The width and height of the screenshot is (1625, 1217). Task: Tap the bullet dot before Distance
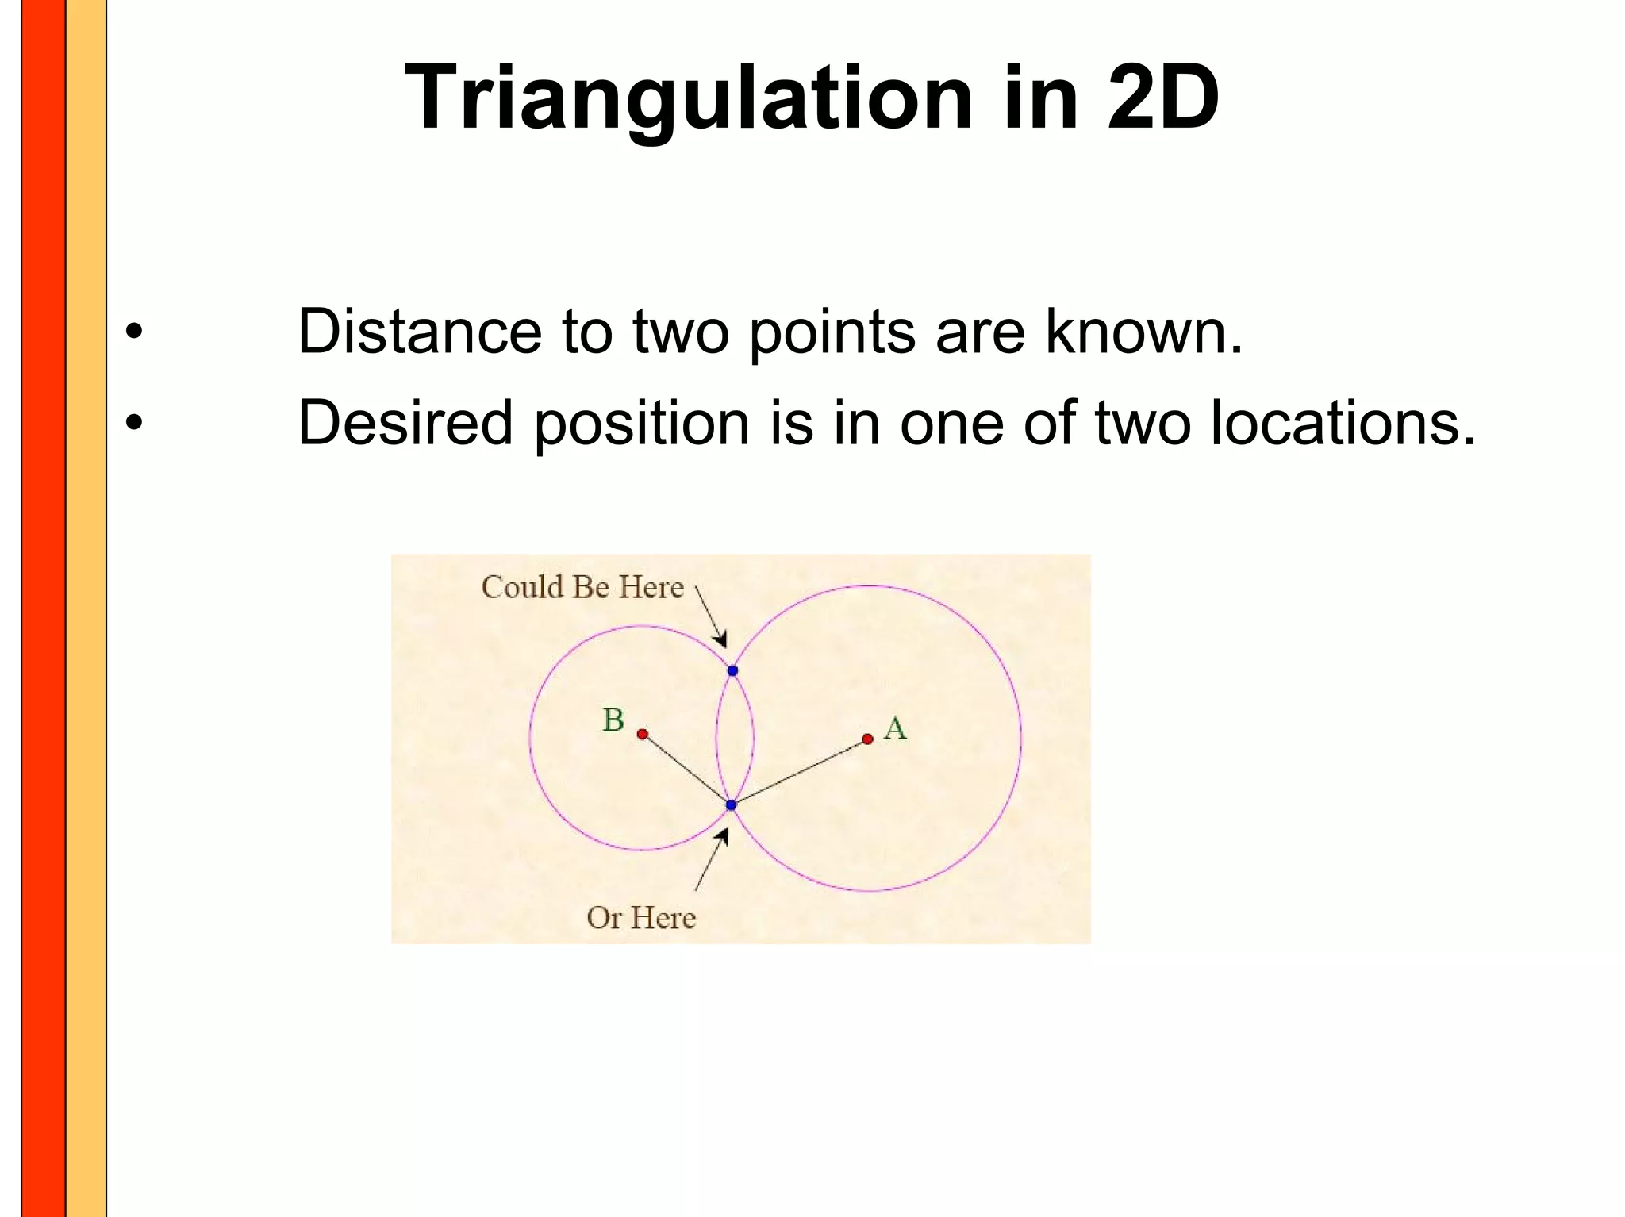tap(134, 332)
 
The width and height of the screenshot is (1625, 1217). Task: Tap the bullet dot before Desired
tap(134, 423)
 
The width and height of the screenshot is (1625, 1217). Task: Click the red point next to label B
tap(643, 734)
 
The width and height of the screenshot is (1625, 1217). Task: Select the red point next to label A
tap(867, 739)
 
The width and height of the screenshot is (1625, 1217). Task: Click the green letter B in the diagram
tap(613, 720)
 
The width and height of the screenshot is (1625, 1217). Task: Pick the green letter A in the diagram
tap(895, 728)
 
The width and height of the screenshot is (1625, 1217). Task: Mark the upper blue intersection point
tap(732, 670)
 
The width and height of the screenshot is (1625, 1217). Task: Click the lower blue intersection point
tap(732, 804)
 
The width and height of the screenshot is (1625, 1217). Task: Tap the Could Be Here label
tap(582, 587)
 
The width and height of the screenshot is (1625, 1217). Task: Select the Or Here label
tap(641, 918)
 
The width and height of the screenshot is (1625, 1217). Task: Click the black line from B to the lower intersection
tap(687, 770)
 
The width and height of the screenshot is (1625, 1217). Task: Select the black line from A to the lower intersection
tap(800, 771)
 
